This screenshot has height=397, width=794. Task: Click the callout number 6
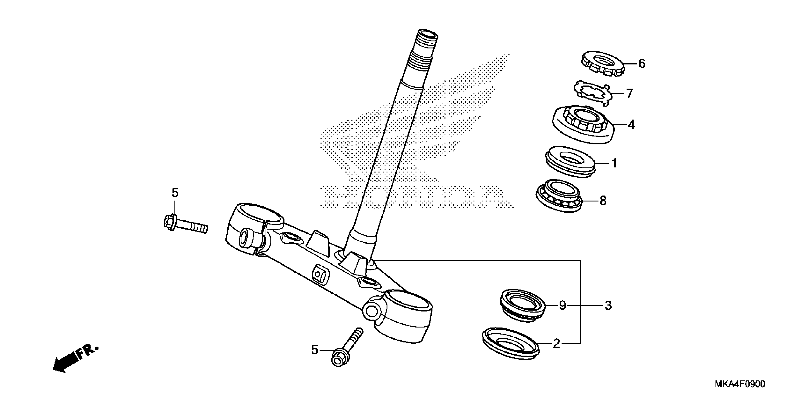pyautogui.click(x=642, y=64)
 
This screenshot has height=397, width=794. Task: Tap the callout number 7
pyautogui.click(x=629, y=93)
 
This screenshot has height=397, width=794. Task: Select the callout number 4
pyautogui.click(x=631, y=125)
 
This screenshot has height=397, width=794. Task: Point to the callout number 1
pyautogui.click(x=614, y=163)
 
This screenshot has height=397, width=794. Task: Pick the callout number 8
pyautogui.click(x=603, y=201)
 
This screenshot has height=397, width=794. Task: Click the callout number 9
pyautogui.click(x=563, y=306)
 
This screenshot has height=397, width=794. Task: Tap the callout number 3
pyautogui.click(x=608, y=306)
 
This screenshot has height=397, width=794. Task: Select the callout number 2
pyautogui.click(x=556, y=343)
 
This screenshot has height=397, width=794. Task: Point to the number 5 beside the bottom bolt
pyautogui.click(x=314, y=350)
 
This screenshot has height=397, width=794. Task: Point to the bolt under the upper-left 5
pyautogui.click(x=185, y=225)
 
